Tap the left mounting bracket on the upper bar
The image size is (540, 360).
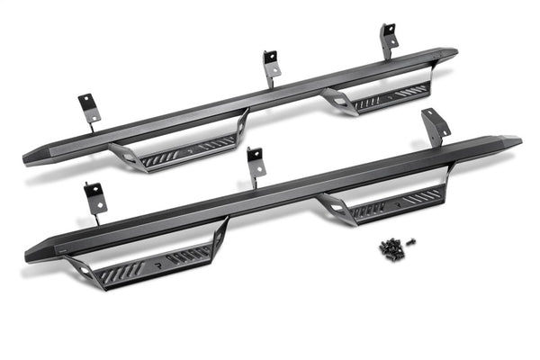tap(89, 106)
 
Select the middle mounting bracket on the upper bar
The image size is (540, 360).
tap(271, 66)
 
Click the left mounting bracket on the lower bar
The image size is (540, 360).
tap(95, 200)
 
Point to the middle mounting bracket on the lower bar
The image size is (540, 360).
tap(256, 163)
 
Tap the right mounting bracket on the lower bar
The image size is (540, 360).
tap(435, 126)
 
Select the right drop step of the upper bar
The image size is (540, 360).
tap(382, 96)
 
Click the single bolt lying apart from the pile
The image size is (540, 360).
tap(411, 241)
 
